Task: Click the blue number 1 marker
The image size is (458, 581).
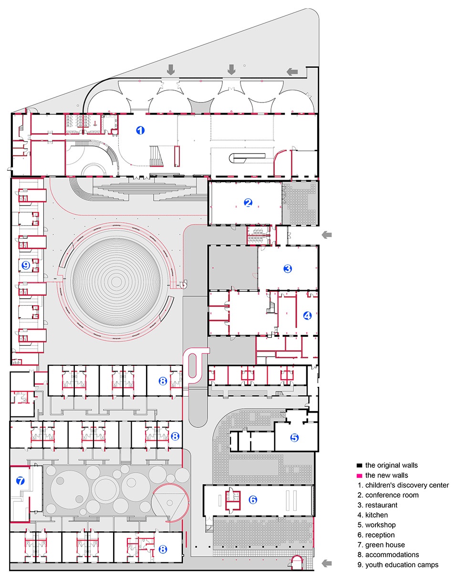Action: click(140, 130)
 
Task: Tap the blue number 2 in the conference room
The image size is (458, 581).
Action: click(248, 202)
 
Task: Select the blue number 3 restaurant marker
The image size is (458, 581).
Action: click(288, 269)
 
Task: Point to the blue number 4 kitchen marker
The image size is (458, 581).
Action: click(307, 316)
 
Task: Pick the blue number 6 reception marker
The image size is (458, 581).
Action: click(253, 500)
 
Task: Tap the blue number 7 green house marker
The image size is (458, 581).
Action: click(20, 481)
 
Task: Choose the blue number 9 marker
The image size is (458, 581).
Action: click(26, 265)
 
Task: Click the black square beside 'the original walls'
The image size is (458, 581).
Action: click(359, 466)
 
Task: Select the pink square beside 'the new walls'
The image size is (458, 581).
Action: click(359, 476)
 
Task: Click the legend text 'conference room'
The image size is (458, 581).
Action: click(392, 495)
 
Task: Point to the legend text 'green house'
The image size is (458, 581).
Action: click(385, 545)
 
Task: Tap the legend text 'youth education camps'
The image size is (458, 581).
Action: click(402, 565)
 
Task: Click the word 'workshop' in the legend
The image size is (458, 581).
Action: click(381, 525)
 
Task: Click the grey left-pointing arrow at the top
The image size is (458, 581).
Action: click(292, 72)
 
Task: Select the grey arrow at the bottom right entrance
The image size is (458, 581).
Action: click(327, 563)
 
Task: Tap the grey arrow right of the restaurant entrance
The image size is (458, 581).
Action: click(326, 235)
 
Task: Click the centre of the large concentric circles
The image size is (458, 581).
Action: click(116, 282)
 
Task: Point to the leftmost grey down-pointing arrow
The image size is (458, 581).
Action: click(171, 70)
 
